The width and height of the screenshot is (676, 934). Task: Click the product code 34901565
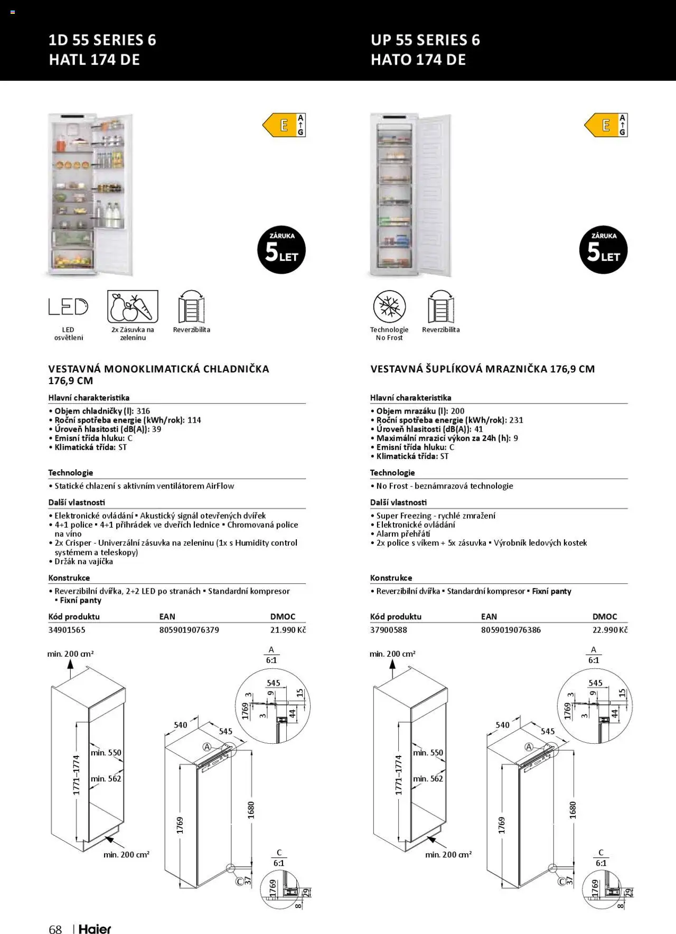[x=67, y=630]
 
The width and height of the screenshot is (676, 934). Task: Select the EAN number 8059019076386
[x=511, y=630]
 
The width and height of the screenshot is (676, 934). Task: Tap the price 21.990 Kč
[x=288, y=630]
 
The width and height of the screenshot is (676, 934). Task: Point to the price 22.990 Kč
[x=610, y=630]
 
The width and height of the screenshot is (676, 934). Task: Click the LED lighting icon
[x=68, y=307]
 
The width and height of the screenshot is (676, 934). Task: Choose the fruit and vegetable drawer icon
[x=133, y=306]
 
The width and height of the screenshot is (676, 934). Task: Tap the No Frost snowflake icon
[x=389, y=307]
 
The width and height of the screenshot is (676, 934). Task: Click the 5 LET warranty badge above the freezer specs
[x=603, y=250]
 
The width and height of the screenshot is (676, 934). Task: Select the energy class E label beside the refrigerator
[x=284, y=125]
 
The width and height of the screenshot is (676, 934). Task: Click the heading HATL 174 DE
[x=94, y=60]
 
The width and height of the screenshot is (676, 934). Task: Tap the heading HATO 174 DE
[x=418, y=60]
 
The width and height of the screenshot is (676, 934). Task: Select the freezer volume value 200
[x=457, y=411]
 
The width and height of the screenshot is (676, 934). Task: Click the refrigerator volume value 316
[x=143, y=411]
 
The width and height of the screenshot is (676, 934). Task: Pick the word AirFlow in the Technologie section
[x=220, y=486]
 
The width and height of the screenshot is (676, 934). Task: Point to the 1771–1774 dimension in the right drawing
[x=399, y=775]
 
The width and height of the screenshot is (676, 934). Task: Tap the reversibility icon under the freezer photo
[x=440, y=307]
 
